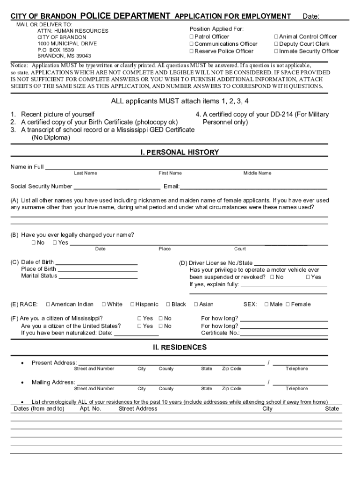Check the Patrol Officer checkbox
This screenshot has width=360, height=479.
192,36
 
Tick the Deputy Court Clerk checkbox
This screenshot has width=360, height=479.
276,44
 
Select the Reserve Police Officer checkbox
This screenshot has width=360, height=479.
192,51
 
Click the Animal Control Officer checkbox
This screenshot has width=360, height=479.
276,36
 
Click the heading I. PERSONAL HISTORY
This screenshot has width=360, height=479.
180,152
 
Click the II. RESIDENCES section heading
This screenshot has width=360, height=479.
180,348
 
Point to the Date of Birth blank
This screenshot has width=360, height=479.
96,263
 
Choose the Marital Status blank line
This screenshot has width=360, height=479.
98,276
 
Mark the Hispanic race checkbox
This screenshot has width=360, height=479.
133,305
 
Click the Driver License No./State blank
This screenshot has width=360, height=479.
290,264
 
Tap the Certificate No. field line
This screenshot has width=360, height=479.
284,334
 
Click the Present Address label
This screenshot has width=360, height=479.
54,363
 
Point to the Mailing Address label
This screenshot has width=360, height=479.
53,382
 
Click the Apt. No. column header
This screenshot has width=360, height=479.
90,409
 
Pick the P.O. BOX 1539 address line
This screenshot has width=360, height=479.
56,50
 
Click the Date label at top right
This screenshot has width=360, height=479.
311,17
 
